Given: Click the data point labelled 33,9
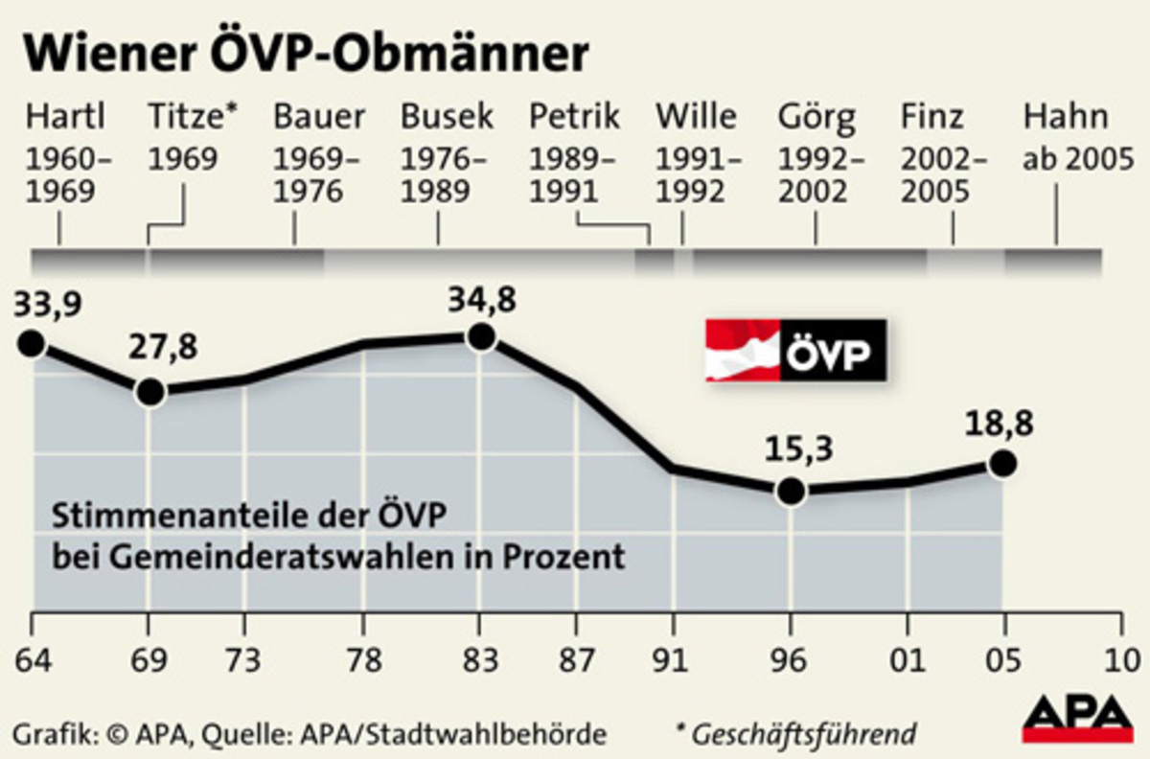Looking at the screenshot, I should click(31, 343).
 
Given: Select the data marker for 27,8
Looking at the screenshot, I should click(149, 391).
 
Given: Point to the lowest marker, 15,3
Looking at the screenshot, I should click(791, 491).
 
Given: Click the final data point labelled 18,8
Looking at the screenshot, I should click(1002, 464).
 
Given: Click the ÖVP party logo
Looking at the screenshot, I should click(795, 351).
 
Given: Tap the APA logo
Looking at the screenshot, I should click(1077, 719).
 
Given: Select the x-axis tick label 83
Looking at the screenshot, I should click(481, 660).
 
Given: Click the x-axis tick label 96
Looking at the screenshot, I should click(791, 660).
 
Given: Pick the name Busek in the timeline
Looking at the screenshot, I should click(447, 117).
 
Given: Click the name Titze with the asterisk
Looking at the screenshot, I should click(193, 117).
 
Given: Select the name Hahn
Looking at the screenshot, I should click(1066, 117).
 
